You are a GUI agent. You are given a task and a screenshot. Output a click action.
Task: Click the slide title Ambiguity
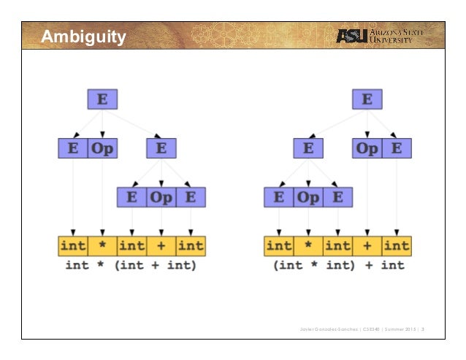pos(83,37)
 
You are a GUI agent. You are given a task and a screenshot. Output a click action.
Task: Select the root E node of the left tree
pos(102,99)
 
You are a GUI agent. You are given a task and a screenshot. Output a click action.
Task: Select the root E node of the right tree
pos(367,99)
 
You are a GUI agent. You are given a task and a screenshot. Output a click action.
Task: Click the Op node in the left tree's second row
pos(102,148)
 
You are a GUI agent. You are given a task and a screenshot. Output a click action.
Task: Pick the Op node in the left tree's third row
pos(161,197)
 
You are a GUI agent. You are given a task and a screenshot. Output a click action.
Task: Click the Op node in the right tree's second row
pos(367,148)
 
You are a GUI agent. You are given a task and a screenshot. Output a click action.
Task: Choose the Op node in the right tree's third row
pos(308,197)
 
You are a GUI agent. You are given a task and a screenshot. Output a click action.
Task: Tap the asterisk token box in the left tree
pos(102,245)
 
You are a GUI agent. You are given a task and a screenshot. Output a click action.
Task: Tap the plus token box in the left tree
pos(161,245)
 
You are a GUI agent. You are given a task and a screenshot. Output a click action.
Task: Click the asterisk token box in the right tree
pos(308,245)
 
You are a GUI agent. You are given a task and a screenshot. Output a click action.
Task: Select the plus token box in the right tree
pos(367,245)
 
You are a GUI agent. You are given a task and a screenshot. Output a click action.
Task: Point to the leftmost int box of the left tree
pos(73,245)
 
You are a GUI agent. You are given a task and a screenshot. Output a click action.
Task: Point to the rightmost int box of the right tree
pos(397,245)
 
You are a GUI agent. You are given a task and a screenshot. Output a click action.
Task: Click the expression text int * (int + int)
pos(131,265)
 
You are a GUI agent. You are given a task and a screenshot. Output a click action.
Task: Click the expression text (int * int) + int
pos(338,265)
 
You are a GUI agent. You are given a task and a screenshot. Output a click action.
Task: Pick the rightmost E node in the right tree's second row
pos(397,148)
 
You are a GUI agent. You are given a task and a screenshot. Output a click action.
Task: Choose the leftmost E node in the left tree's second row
pos(73,148)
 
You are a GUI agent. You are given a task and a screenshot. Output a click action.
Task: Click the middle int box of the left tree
pos(132,245)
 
